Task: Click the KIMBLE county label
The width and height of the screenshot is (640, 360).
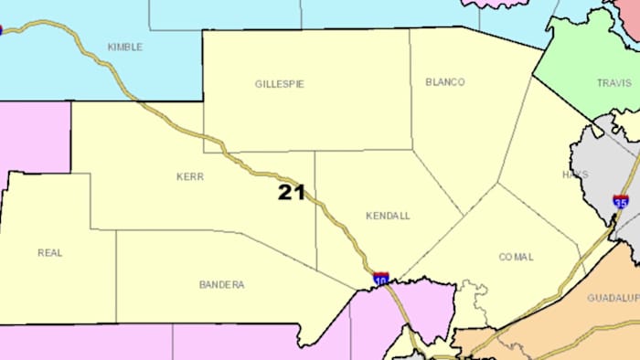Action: tap(125, 47)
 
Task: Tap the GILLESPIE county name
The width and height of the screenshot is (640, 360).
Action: tap(279, 84)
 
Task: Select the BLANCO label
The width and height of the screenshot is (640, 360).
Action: tap(445, 82)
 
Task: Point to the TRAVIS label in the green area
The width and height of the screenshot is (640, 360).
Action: tap(613, 83)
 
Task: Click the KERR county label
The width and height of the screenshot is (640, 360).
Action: tap(190, 176)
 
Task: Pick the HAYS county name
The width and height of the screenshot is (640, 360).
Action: tap(575, 174)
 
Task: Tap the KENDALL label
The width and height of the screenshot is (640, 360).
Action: tap(388, 216)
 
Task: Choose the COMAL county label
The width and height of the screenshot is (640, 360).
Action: tap(516, 257)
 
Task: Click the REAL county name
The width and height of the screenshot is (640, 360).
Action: tap(50, 253)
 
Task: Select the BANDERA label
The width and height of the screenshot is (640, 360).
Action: tap(221, 285)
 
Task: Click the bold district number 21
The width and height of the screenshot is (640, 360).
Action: tap(291, 192)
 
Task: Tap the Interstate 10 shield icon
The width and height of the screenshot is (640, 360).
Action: tap(380, 277)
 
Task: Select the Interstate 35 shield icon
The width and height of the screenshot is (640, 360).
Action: tap(621, 202)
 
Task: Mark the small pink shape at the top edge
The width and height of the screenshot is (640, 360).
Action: tap(494, 4)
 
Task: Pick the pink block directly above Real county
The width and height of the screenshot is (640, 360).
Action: tap(34, 137)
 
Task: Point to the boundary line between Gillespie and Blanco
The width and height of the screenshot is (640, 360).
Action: tap(410, 91)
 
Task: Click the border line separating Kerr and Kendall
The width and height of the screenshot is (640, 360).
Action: tap(315, 210)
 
